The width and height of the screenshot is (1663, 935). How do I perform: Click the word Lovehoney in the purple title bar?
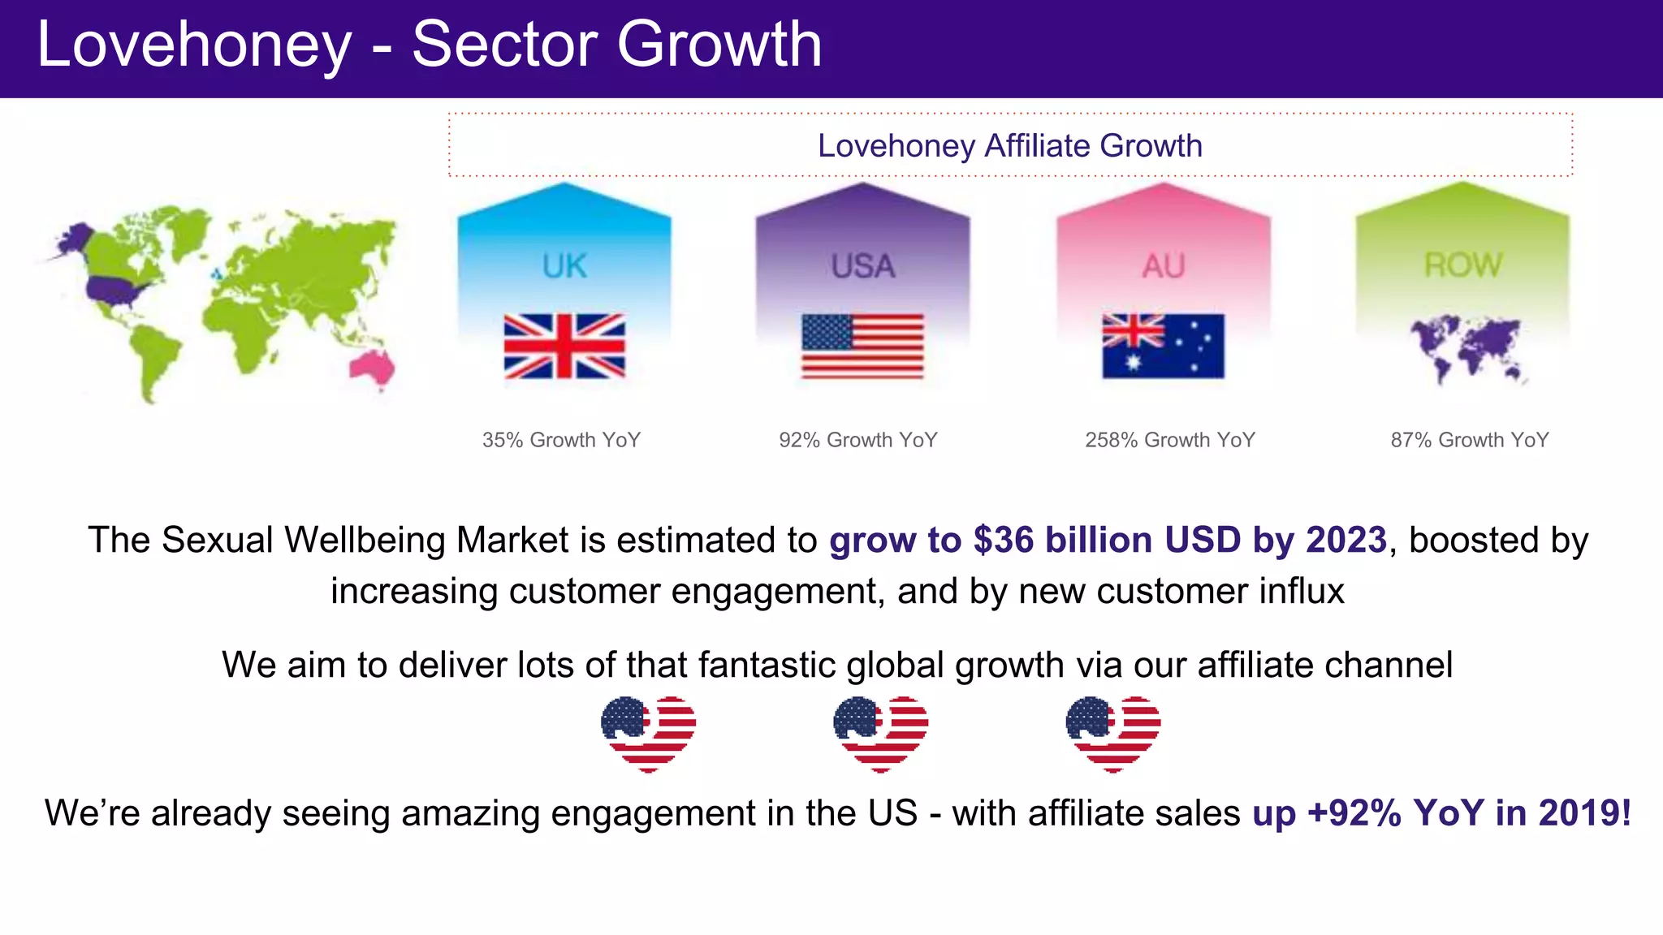pos(195,45)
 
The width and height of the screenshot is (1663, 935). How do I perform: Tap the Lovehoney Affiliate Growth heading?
pos(1009,146)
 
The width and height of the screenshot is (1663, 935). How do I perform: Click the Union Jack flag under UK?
pos(564,347)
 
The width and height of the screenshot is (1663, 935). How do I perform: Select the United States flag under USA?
pos(862,347)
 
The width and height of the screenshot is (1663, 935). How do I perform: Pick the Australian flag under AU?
pos(1163,347)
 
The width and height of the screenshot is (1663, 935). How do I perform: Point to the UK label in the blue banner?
pos(564,266)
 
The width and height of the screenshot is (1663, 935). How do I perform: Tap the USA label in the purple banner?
pos(862,266)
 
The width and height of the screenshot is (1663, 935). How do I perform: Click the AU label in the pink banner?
pos(1163,266)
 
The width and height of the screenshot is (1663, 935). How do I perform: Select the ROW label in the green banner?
pos(1463,265)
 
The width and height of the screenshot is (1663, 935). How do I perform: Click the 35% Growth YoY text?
pos(561,440)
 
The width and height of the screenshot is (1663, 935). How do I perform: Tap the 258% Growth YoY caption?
pos(1170,440)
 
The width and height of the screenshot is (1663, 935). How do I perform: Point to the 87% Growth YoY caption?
pos(1470,440)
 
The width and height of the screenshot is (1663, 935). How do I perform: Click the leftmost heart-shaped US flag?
pos(648,733)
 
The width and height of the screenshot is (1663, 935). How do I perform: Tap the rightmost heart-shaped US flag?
pos(1112,733)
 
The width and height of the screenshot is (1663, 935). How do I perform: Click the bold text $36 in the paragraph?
pos(1004,541)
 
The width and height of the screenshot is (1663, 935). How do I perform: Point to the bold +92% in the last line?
pos(1354,813)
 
